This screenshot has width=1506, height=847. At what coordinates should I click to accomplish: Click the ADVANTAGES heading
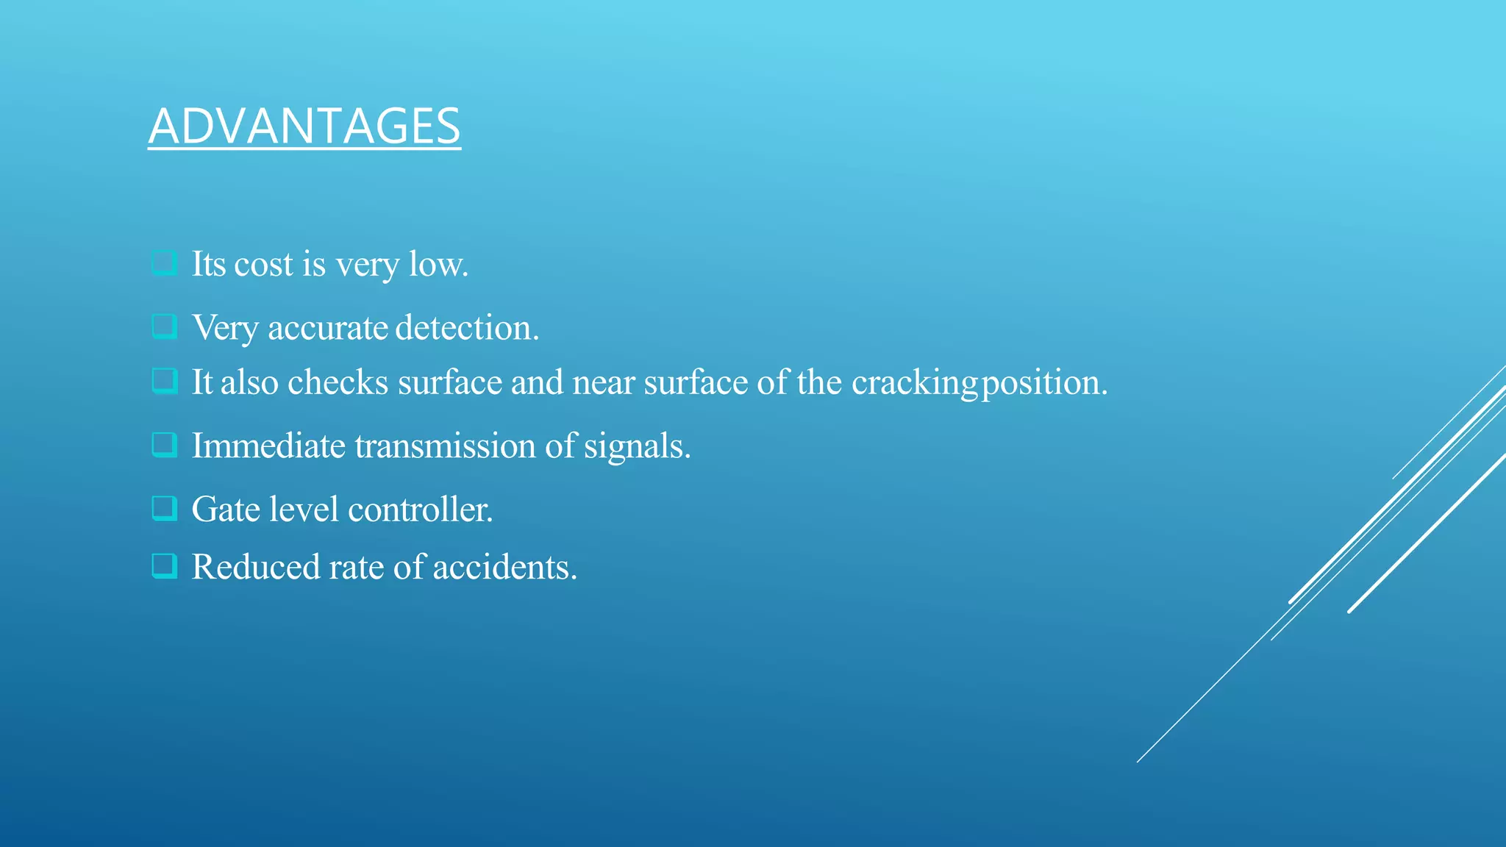[304, 126]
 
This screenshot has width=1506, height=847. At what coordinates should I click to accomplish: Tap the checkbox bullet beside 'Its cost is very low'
[164, 263]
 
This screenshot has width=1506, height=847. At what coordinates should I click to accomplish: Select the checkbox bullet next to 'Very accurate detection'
[164, 326]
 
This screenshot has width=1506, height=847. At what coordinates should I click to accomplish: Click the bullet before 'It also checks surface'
[164, 382]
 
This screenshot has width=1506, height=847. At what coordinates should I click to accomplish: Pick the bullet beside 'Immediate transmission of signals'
[164, 445]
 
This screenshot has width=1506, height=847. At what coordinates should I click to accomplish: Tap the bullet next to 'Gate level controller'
[164, 508]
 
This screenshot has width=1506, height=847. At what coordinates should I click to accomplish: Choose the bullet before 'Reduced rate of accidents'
[164, 566]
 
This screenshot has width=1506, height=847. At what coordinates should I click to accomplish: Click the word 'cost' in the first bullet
[263, 265]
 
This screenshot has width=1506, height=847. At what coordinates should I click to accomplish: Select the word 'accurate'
[327, 328]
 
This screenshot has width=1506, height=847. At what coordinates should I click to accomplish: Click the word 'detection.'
[467, 328]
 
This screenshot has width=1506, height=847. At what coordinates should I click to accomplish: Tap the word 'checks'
[338, 382]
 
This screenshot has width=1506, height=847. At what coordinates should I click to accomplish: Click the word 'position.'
[1045, 383]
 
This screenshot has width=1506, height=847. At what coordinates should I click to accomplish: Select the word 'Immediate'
[268, 446]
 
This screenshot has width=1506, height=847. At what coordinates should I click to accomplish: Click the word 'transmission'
[445, 446]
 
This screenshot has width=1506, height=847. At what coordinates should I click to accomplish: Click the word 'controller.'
[420, 510]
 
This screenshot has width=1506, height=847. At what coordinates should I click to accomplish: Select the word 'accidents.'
[504, 568]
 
